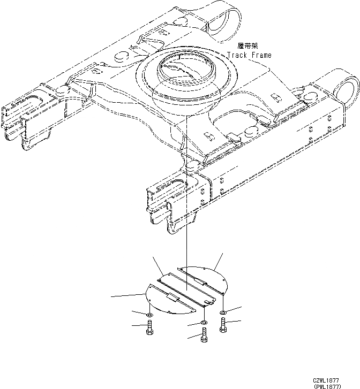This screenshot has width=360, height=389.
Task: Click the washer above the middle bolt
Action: coord(204,323)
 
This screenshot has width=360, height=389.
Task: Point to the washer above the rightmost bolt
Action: coord(223,311)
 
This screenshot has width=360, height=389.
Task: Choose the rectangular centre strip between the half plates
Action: coord(185,289)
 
